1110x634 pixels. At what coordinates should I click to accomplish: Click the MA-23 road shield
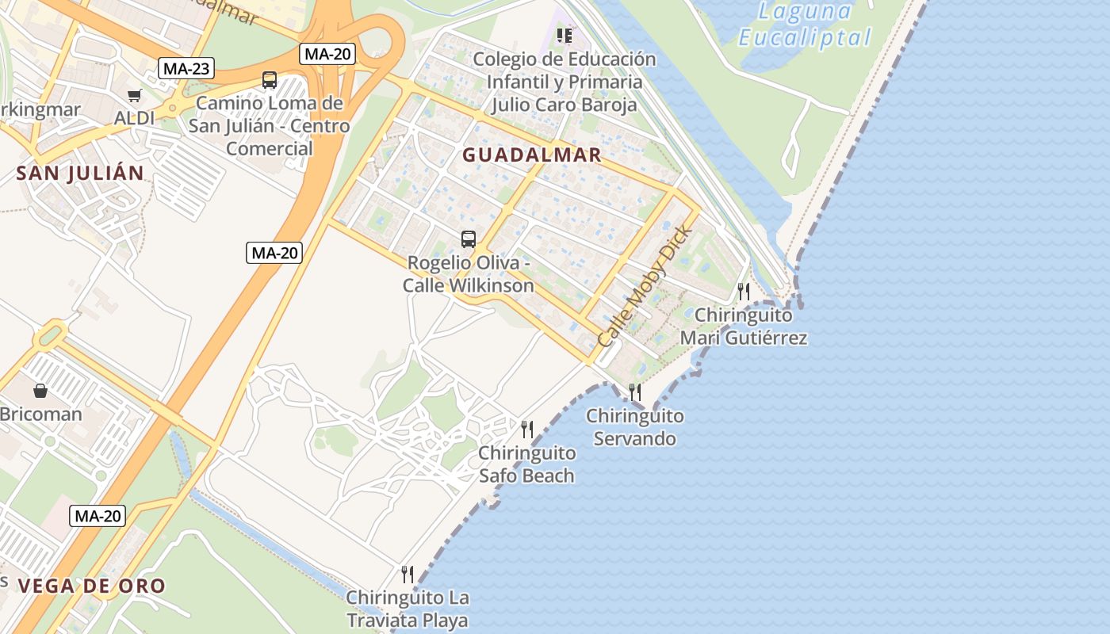[186, 68]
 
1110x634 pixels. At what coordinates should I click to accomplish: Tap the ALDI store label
[135, 118]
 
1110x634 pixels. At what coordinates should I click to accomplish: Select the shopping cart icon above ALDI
[134, 96]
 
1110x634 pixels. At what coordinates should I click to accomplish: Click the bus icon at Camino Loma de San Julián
[270, 80]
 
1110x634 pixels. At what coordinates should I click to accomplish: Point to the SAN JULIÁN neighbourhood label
[81, 174]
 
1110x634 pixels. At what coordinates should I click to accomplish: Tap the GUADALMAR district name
[532, 155]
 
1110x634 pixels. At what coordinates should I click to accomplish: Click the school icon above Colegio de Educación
[565, 36]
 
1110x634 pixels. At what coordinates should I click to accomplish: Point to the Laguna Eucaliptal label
[804, 25]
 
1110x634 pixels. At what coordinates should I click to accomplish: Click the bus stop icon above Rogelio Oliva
[469, 239]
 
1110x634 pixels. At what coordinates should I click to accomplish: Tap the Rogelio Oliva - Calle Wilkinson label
[468, 274]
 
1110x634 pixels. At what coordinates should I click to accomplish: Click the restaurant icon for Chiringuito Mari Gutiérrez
[744, 292]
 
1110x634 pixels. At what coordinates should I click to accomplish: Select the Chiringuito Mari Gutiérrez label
[744, 327]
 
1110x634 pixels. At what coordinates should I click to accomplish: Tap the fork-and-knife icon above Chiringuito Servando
[635, 392]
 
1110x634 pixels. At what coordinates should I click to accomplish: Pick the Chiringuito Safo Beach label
[526, 464]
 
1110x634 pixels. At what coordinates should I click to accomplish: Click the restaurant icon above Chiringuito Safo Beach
[527, 430]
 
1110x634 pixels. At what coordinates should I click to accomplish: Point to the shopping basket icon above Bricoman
[40, 391]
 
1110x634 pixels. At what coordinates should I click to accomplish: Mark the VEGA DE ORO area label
[91, 586]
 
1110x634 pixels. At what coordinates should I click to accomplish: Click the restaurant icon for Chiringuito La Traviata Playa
[408, 575]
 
